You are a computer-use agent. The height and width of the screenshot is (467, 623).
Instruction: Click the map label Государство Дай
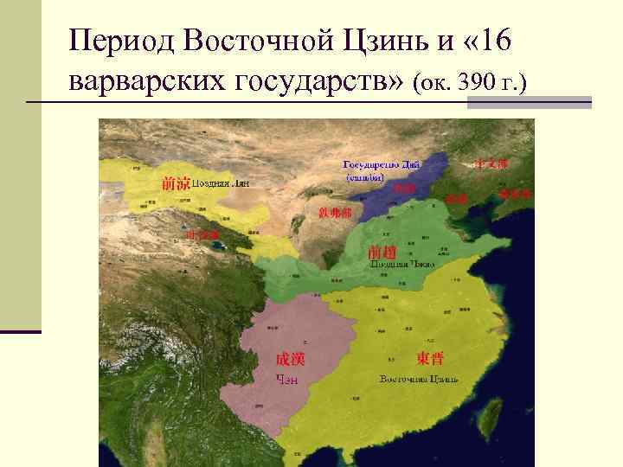click(382, 163)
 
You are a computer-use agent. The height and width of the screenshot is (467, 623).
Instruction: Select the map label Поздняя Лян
click(221, 183)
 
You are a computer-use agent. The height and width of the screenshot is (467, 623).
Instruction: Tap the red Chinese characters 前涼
click(176, 182)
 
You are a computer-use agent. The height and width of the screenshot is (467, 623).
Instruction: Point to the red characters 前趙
click(382, 252)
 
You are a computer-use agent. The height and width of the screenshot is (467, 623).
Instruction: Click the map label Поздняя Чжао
click(401, 265)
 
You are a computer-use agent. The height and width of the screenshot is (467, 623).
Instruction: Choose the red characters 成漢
click(290, 359)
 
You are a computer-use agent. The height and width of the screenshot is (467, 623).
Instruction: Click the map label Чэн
click(286, 378)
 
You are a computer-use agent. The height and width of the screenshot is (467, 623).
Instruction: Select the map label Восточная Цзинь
click(420, 379)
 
